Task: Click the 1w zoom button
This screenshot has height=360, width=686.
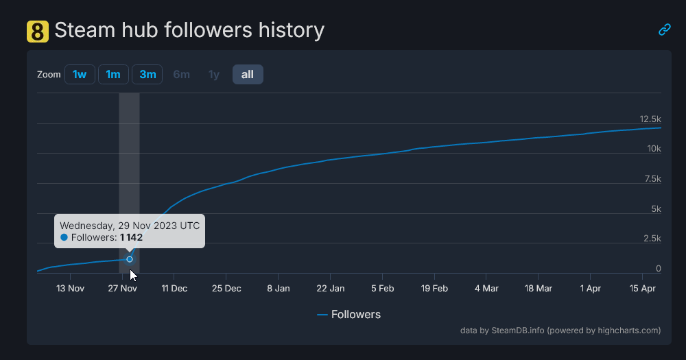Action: (80, 74)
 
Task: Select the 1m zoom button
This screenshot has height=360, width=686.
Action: (113, 74)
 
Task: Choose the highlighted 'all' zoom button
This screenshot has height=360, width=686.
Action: (248, 74)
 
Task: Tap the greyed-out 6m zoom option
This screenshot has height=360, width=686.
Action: (181, 74)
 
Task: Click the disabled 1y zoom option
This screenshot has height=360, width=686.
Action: (214, 74)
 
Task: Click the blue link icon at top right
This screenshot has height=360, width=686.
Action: (664, 29)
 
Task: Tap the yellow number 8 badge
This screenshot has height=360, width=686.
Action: (38, 31)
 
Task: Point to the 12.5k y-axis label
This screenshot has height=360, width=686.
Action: (649, 119)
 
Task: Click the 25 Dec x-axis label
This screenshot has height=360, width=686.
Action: (226, 289)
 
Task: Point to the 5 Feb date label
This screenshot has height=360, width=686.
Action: (383, 289)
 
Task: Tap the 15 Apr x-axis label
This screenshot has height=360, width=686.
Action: (643, 289)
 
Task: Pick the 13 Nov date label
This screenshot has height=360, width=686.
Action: (71, 289)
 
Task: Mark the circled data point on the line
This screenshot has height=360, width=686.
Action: (130, 259)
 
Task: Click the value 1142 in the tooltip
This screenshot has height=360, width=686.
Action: (131, 237)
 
